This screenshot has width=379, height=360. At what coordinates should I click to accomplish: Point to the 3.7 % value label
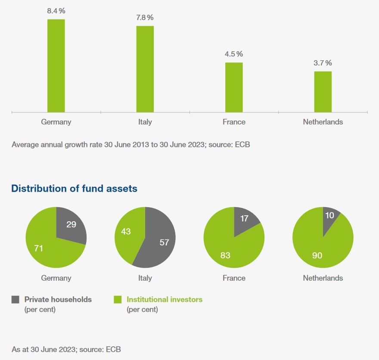[x=323, y=63]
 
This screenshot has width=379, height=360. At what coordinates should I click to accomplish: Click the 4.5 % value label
[x=234, y=54]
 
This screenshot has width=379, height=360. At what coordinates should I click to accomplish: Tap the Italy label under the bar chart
[x=145, y=122]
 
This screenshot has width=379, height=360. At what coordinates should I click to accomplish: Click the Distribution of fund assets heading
[x=74, y=189]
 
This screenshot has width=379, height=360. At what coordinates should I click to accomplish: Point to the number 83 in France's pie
[x=225, y=255]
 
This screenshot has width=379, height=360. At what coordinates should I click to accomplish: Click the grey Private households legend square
[x=16, y=300]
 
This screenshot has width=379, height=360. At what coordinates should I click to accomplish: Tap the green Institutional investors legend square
[x=118, y=300]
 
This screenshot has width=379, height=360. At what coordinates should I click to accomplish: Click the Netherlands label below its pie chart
[x=323, y=278]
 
